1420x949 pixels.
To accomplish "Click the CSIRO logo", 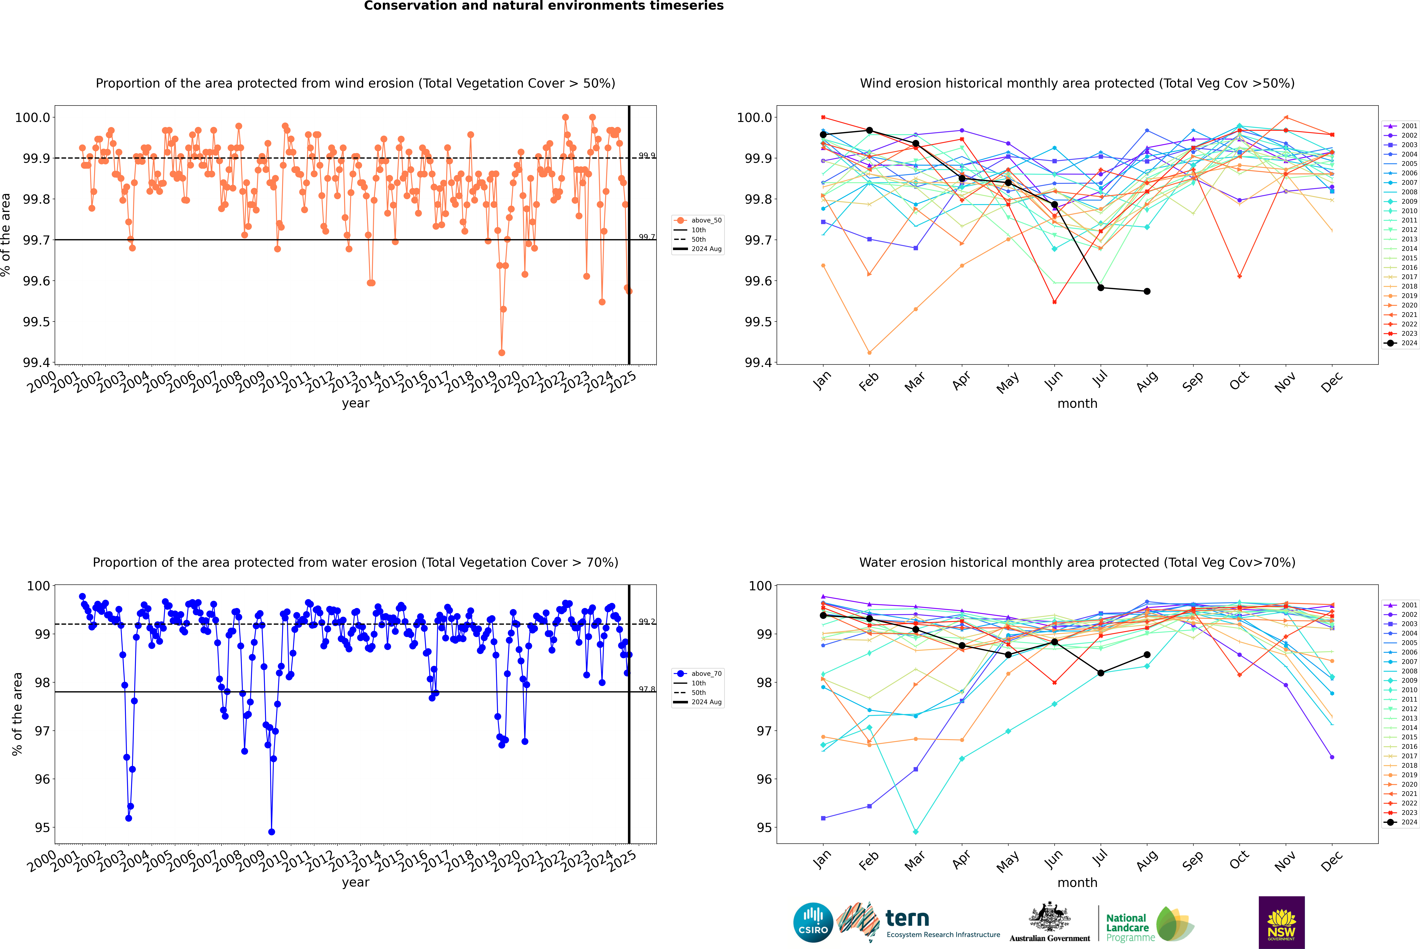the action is [x=813, y=922].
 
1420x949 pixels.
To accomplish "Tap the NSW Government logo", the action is [x=1281, y=922].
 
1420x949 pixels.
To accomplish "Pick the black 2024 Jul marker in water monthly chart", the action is [x=1100, y=673].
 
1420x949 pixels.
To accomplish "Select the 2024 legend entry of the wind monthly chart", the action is [x=1400, y=343].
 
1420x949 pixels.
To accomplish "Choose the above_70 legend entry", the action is [x=698, y=674].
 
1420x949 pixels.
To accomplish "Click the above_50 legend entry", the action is [x=698, y=220].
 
